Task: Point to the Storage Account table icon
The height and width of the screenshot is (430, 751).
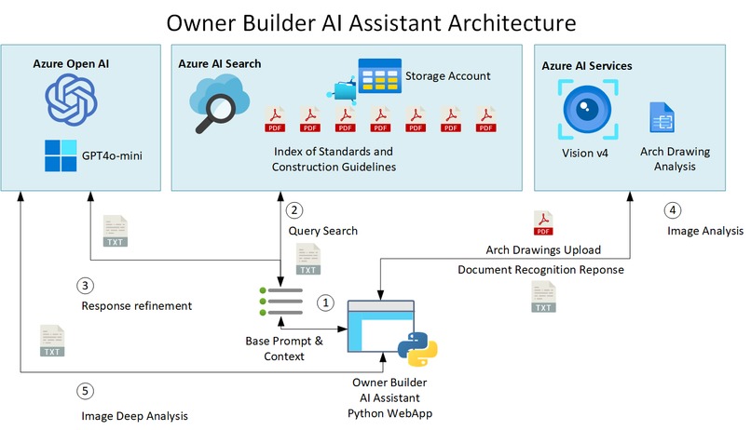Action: click(x=374, y=78)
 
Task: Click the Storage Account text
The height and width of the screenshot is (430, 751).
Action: click(x=446, y=74)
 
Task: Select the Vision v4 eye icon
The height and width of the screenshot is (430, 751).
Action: click(x=584, y=108)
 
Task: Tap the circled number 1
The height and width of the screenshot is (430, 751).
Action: click(x=325, y=302)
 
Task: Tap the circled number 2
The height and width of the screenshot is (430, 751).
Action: click(x=295, y=210)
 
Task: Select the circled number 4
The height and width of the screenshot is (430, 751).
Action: click(x=674, y=209)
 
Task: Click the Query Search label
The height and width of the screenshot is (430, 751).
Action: click(x=322, y=231)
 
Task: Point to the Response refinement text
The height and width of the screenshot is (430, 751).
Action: click(x=136, y=305)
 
